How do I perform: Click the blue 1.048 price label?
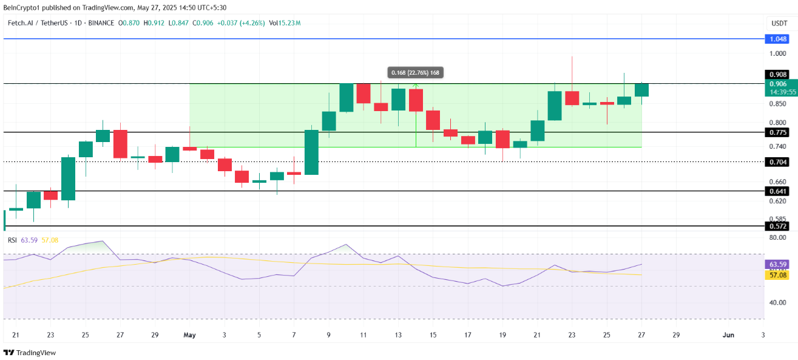point(778,39)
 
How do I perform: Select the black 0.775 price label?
point(778,132)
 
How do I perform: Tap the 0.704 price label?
point(778,162)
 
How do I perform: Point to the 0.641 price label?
point(778,191)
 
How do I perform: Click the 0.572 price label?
point(778,226)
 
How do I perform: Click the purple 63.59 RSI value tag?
point(778,265)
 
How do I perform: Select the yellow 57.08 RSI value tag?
point(778,275)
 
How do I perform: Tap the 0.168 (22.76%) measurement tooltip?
point(415,73)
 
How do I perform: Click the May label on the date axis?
point(190,335)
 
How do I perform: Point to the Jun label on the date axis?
point(728,335)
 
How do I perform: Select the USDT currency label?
point(779,23)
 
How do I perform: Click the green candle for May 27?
point(641,90)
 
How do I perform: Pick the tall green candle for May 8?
point(311,152)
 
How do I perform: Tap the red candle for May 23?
point(572,98)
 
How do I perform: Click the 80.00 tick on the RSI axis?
point(777,237)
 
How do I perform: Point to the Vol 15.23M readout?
point(285,23)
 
